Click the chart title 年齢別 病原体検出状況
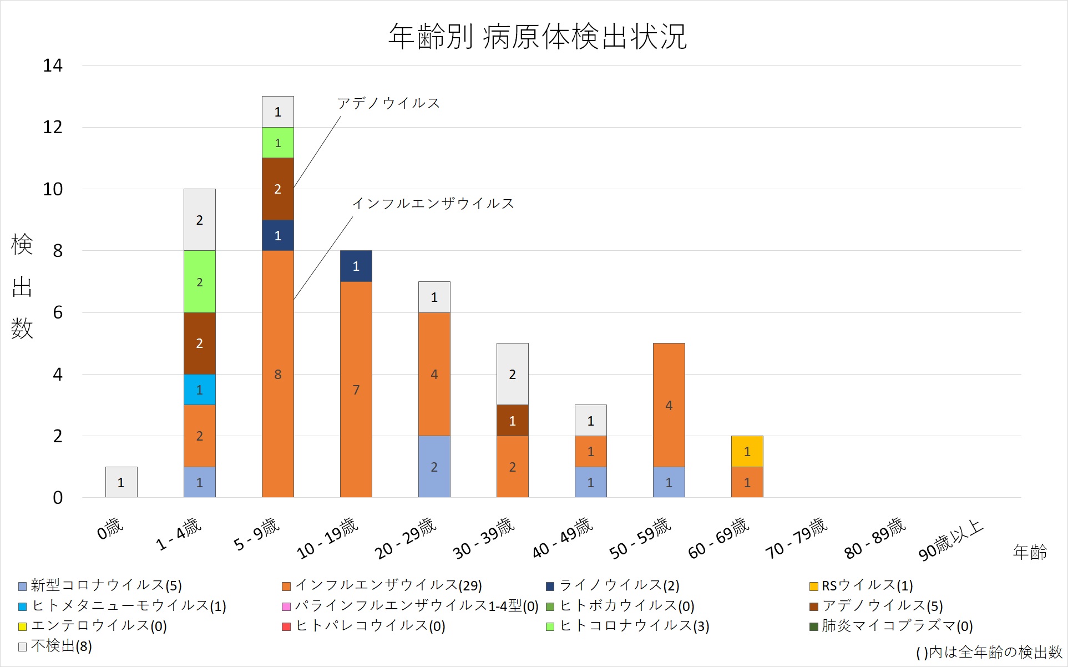537,37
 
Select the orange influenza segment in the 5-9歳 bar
277,373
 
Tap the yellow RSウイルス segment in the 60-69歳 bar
747,451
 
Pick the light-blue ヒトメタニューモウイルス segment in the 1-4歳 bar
199,390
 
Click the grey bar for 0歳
121,482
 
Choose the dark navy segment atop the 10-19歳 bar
356,266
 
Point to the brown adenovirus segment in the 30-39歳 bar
512,420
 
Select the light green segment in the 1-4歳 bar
199,281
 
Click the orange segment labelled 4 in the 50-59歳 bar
669,405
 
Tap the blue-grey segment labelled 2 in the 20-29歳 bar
434,466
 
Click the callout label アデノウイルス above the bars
388,103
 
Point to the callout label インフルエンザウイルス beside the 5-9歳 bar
433,204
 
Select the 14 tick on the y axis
53,65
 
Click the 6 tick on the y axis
57,312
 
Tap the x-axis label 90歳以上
950,540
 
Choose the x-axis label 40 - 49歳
562,537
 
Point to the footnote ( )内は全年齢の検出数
989,652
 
